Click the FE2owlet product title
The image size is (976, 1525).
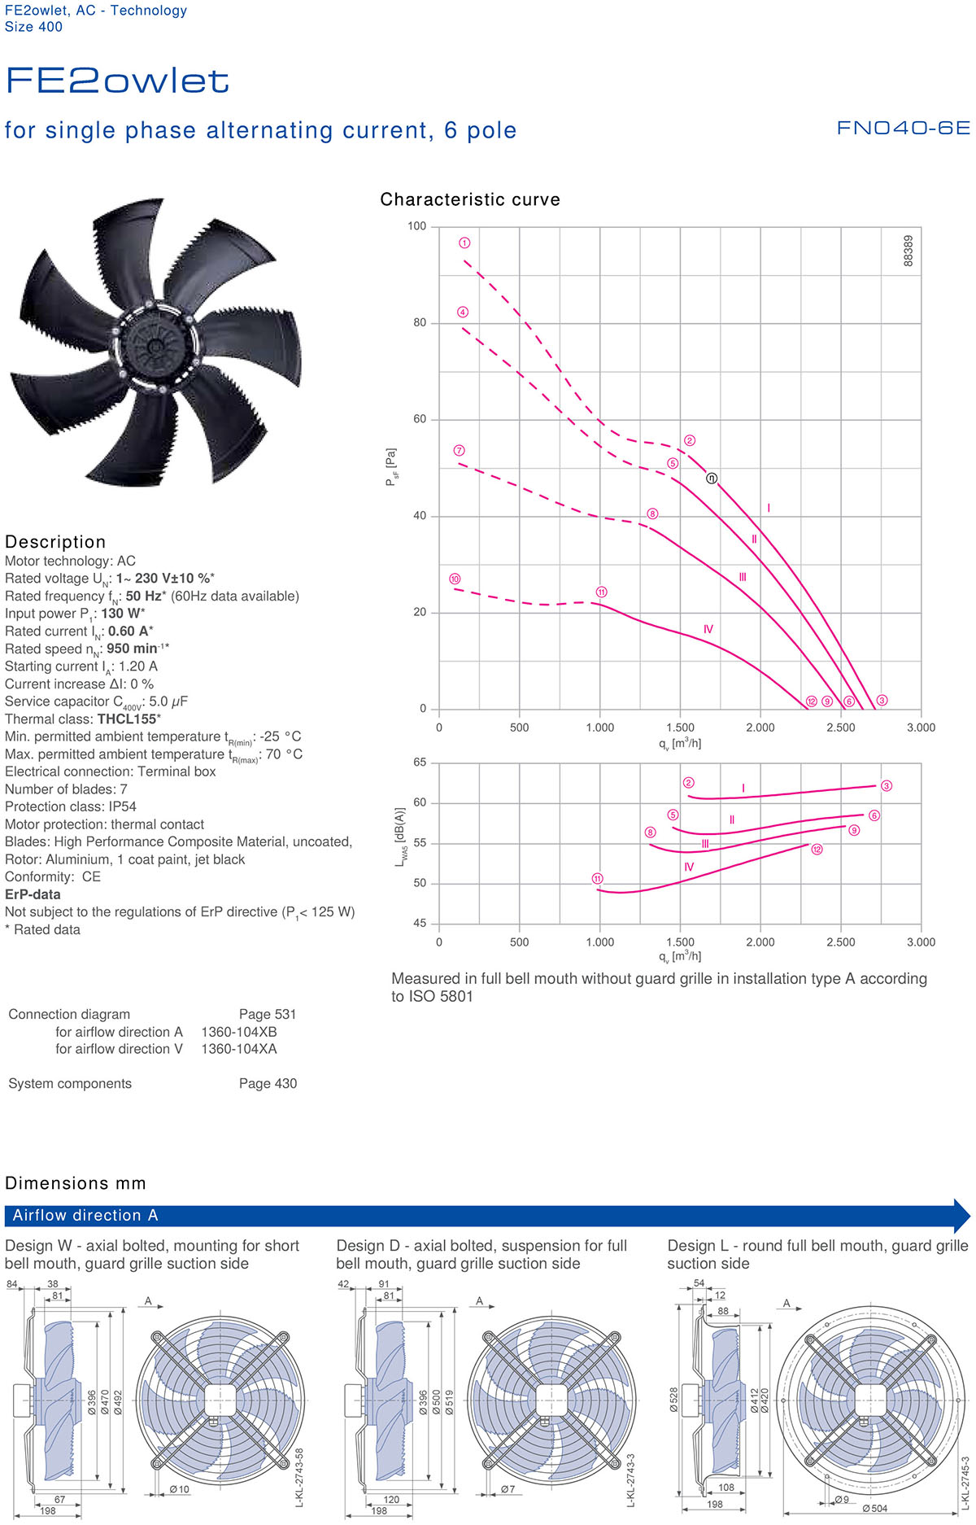click(x=117, y=81)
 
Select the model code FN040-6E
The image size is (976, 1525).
click(x=903, y=128)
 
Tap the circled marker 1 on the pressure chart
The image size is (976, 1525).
click(x=464, y=243)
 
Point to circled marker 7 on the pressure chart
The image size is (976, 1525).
click(x=459, y=450)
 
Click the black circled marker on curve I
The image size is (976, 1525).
click(x=712, y=478)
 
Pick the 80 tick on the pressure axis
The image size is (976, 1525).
click(x=420, y=322)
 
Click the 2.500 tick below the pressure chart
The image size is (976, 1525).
click(x=840, y=728)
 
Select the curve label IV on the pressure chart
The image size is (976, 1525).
click(x=708, y=629)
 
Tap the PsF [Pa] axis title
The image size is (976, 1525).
click(x=391, y=467)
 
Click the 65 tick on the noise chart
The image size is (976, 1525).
click(x=420, y=762)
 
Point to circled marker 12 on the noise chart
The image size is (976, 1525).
click(x=817, y=849)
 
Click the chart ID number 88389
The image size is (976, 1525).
click(x=908, y=251)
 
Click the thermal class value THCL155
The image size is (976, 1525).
click(x=129, y=719)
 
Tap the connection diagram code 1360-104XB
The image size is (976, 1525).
click(x=239, y=1032)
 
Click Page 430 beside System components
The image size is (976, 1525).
click(x=268, y=1083)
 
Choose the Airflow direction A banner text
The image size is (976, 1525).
click(x=85, y=1215)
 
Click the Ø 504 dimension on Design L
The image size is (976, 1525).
click(x=875, y=1508)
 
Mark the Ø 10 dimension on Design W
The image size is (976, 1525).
click(x=179, y=1489)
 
